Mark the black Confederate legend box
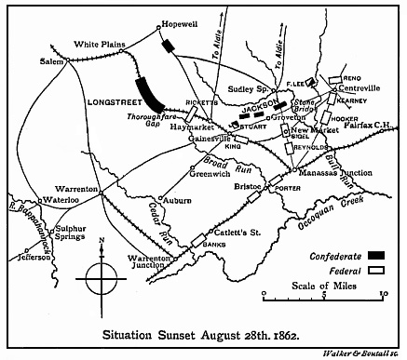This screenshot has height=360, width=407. (375, 252)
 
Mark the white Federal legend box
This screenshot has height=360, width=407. (375, 268)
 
